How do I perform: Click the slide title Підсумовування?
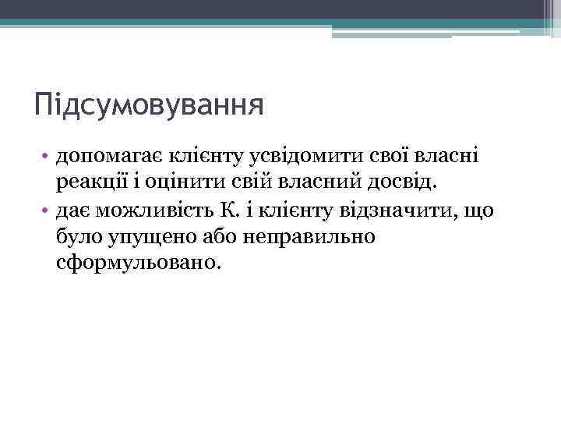[149, 104]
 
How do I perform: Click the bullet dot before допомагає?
[48, 157]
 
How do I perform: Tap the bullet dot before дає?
[48, 210]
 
